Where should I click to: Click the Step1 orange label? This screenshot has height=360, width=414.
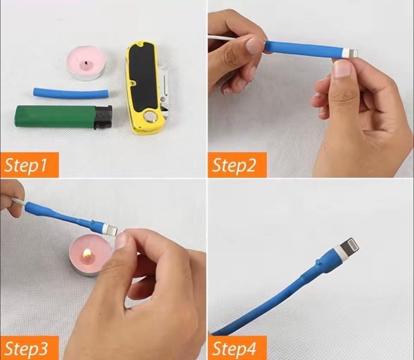29,165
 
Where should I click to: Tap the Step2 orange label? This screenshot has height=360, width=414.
237,165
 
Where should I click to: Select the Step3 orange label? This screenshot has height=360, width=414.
29,348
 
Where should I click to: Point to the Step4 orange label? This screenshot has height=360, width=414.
237,348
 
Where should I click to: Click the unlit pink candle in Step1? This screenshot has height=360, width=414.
86,65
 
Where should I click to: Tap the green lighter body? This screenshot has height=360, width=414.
56,117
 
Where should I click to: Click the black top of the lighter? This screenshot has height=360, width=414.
103,117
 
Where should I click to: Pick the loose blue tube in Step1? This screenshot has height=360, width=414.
71,93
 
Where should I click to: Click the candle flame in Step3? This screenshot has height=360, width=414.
87,254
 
